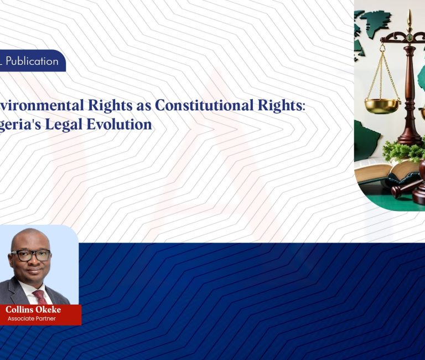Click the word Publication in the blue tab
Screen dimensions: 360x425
pyautogui.click(x=32, y=61)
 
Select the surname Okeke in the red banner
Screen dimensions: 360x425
pyautogui.click(x=49, y=310)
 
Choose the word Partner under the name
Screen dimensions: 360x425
pyautogui.click(x=46, y=319)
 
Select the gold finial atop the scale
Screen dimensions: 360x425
pyautogui.click(x=409, y=19)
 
